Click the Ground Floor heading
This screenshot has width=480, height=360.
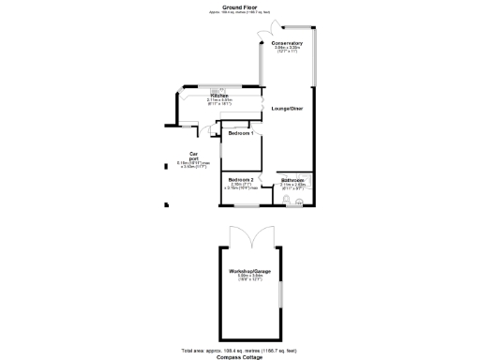point(240,6)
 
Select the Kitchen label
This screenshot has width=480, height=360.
point(219,96)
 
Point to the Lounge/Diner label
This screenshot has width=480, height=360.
point(286,110)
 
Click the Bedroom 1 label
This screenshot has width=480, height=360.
point(241,134)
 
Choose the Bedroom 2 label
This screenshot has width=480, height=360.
point(241,179)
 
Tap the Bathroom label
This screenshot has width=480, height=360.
point(293,179)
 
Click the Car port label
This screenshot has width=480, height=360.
point(194,156)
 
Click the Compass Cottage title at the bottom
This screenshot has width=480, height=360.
point(240,356)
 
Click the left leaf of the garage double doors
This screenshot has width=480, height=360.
point(239,236)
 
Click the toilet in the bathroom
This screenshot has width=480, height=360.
point(299,198)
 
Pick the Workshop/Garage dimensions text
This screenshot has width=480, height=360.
point(248,277)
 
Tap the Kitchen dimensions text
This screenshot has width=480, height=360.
point(219,102)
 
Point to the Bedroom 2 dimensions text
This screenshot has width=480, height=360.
point(241,187)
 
